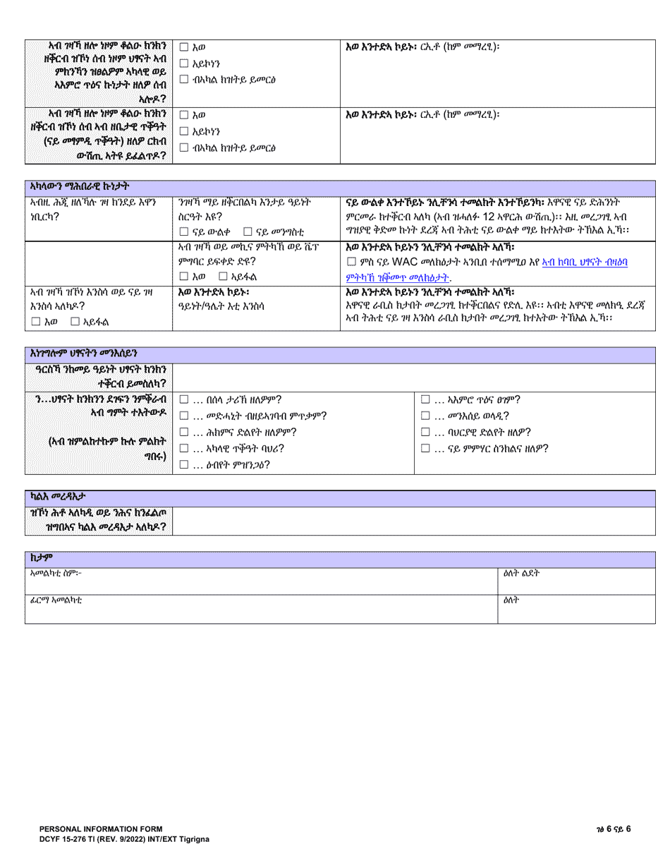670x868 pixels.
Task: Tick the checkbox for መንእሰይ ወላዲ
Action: [425, 416]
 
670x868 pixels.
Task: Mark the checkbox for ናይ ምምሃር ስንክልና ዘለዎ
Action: [425, 448]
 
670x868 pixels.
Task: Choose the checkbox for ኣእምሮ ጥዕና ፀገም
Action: [425, 399]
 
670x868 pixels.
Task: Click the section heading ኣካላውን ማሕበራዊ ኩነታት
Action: [80, 186]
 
